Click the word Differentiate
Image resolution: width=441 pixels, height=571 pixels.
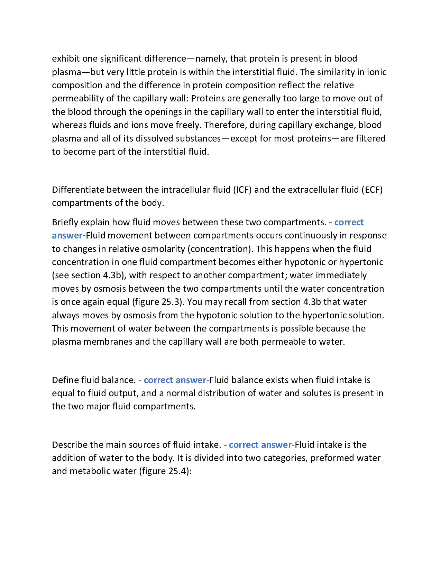click(78, 190)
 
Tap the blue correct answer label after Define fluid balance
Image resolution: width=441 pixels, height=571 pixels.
click(174, 380)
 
